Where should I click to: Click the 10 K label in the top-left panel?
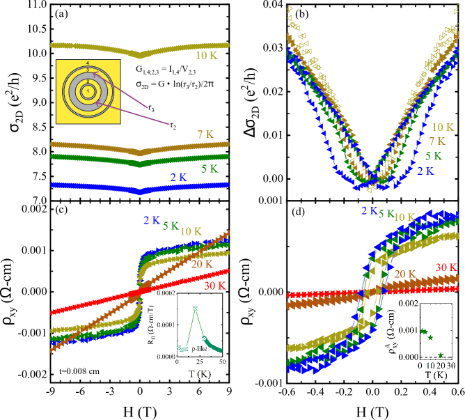click(x=206, y=56)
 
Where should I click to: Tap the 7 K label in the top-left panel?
click(x=205, y=134)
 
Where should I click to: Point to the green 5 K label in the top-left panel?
click(x=209, y=169)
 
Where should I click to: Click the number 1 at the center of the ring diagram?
click(x=88, y=91)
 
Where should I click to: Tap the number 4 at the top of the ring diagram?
click(x=88, y=64)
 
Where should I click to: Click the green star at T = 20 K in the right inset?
click(x=440, y=355)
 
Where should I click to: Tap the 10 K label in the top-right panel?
click(x=442, y=127)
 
